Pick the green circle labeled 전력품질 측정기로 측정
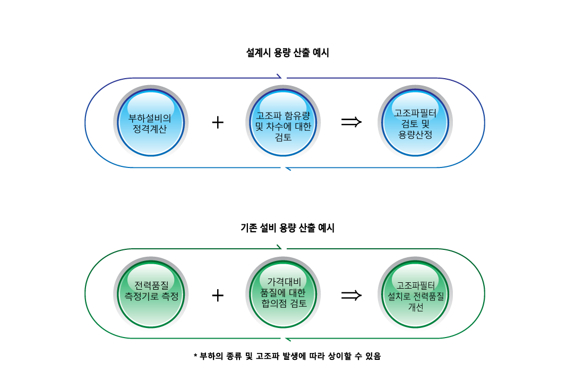point(151,294)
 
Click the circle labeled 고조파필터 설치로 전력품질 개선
point(415,294)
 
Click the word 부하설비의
point(151,118)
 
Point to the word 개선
point(415,307)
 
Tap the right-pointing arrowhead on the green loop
point(279,248)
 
